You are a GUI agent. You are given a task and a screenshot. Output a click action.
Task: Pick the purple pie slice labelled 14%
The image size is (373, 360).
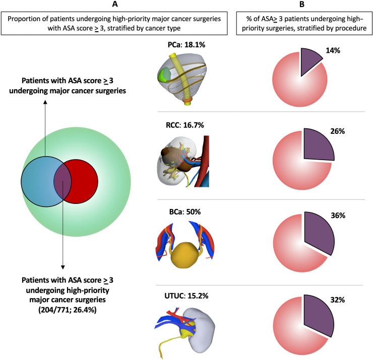point(310,61)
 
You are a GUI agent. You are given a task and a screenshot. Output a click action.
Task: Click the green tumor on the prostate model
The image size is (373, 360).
point(163,77)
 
